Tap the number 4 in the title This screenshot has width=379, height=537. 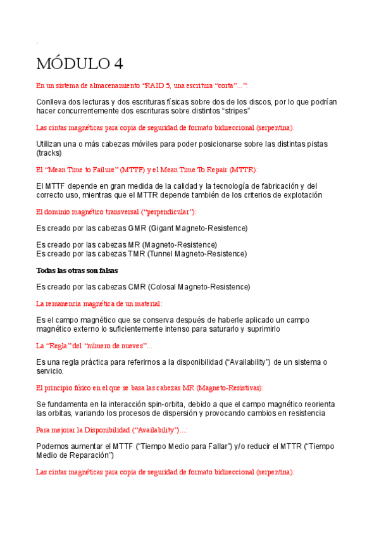[x=118, y=63]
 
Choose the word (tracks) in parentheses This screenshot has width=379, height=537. [x=49, y=153]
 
